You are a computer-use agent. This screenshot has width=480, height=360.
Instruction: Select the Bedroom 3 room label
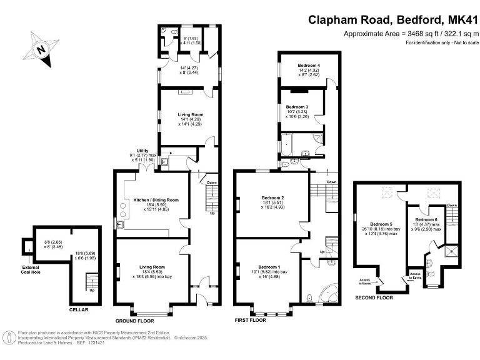click(x=297, y=107)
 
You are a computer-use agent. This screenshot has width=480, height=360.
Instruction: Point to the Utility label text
click(x=144, y=151)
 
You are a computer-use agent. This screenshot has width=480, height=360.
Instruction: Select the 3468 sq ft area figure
click(x=406, y=33)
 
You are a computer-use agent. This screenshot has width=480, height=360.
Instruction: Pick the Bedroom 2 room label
click(x=273, y=197)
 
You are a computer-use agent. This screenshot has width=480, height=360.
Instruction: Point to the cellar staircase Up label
click(x=93, y=290)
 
